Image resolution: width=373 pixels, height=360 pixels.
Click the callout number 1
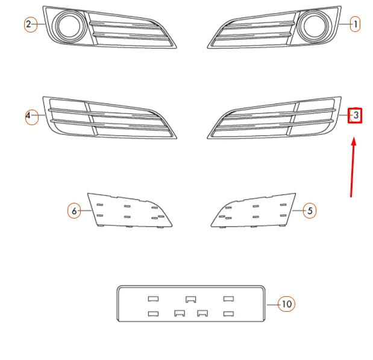[x=356, y=24]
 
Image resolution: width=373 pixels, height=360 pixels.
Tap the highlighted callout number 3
[x=356, y=114]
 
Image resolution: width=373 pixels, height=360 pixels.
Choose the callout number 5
[x=310, y=211]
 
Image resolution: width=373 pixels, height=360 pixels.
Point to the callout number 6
[x=74, y=211]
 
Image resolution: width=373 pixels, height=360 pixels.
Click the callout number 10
[x=287, y=304]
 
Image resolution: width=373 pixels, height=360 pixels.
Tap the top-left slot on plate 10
[x=153, y=299]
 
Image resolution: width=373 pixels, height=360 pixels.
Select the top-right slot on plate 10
[x=228, y=299]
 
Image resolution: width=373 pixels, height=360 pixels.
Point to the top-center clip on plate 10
[x=191, y=299]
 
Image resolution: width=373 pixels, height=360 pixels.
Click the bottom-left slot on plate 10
[x=153, y=313]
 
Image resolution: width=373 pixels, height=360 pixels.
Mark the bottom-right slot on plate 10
[x=228, y=313]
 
